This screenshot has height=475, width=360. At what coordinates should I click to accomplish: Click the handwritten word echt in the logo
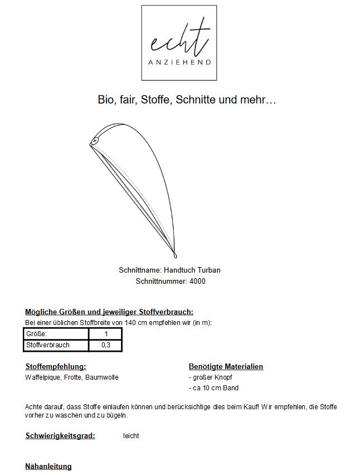pyautogui.click(x=179, y=40)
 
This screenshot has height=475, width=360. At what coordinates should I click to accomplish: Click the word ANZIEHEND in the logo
pyautogui.click(x=179, y=62)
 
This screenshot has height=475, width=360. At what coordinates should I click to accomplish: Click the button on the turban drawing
pyautogui.click(x=95, y=141)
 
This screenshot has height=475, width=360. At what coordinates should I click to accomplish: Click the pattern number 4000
pyautogui.click(x=197, y=281)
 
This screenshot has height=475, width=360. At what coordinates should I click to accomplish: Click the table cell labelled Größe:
pyautogui.click(x=56, y=333)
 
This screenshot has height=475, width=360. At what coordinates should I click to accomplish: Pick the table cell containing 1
pyautogui.click(x=105, y=333)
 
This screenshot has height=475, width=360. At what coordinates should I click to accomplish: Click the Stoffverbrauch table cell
pyautogui.click(x=56, y=345)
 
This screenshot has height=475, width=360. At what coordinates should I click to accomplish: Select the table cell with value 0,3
pyautogui.click(x=105, y=345)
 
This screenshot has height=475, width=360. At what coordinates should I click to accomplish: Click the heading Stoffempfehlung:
pyautogui.click(x=56, y=367)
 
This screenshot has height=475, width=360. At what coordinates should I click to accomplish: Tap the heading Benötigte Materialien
pyautogui.click(x=226, y=367)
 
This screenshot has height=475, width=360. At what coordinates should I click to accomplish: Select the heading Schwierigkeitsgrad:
pyautogui.click(x=60, y=435)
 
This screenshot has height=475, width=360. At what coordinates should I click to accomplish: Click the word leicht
pyautogui.click(x=131, y=436)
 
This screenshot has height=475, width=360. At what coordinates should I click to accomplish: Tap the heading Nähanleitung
pyautogui.click(x=48, y=466)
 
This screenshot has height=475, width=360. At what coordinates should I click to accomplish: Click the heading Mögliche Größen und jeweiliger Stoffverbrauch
pyautogui.click(x=109, y=312)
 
